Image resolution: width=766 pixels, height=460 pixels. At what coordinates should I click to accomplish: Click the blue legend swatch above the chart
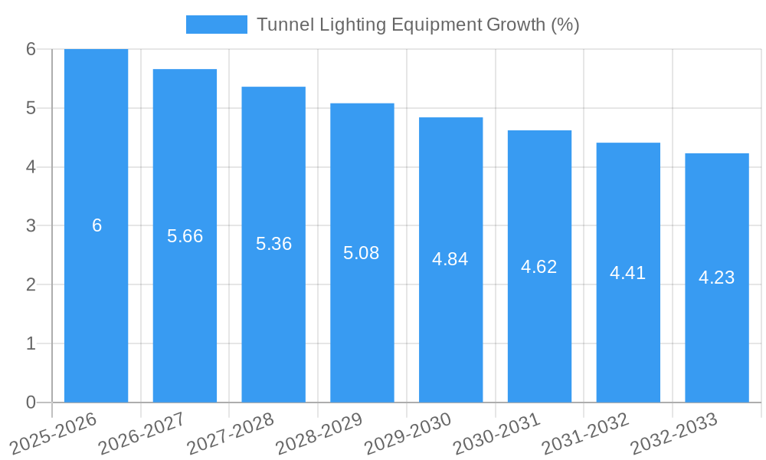216,25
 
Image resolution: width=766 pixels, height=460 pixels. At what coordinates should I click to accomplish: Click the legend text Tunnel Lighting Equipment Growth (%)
417,25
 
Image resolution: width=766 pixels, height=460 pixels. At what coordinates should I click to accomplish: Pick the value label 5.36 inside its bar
273,244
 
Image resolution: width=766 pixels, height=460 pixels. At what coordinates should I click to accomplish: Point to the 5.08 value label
362,253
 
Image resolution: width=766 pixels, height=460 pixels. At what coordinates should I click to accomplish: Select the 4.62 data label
539,267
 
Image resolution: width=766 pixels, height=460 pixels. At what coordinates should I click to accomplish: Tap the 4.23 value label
716,278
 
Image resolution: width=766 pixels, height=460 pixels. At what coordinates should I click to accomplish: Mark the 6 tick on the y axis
31,49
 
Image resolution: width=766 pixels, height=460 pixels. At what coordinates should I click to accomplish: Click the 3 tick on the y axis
31,225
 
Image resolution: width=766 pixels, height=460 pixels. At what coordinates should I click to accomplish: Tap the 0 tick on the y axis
31,402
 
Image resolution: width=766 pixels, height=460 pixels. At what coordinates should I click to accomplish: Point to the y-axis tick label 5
31,108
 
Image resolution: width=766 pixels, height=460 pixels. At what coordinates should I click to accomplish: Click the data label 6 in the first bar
97,225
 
